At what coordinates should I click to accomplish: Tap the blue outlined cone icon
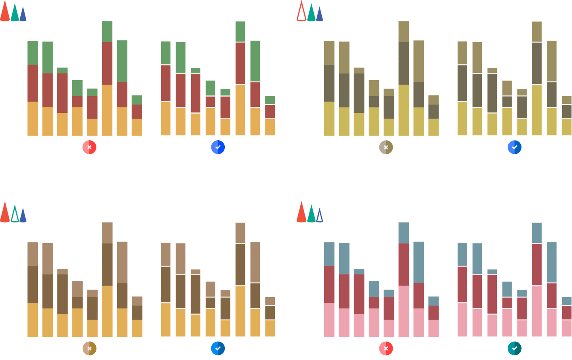319,215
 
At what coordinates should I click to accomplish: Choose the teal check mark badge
514,348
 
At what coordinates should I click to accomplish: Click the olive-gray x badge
386,147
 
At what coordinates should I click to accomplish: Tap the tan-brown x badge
89,348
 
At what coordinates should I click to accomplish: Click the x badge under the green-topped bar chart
89,147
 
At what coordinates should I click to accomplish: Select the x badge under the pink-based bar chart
386,348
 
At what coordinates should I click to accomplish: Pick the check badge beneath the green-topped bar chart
218,147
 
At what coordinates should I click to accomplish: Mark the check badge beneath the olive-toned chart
514,147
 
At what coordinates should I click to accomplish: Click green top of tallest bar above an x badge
107,31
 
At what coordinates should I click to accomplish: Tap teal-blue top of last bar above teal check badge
566,301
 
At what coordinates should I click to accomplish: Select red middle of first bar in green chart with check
166,83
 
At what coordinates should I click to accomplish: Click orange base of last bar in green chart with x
137,127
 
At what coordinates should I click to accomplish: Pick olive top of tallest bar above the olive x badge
404,31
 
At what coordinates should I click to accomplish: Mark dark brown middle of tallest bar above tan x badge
107,264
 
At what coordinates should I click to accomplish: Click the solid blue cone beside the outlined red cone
319,14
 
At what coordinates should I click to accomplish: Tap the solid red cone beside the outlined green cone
5,212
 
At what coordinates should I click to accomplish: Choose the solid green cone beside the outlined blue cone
311,214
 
